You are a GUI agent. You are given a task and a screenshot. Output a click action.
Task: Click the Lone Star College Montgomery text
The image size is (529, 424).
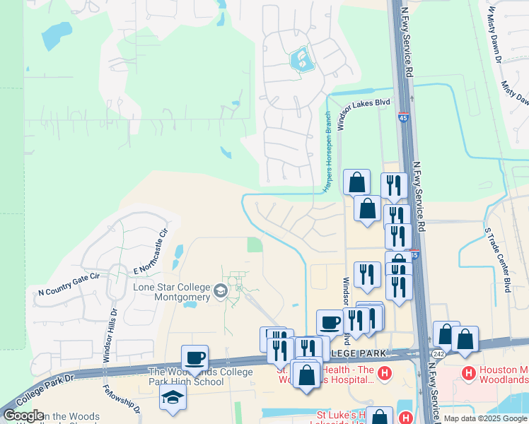(x=172, y=292)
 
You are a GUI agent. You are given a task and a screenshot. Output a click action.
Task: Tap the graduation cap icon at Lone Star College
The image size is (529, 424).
(x=221, y=290)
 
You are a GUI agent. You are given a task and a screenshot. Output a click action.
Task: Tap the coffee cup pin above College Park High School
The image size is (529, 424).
(x=194, y=358)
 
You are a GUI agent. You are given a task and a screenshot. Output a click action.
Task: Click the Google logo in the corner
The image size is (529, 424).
(x=23, y=416)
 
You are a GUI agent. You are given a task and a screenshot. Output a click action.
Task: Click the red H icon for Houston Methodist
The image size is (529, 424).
(x=467, y=372)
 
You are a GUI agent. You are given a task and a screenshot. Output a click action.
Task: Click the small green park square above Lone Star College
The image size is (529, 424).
(x=254, y=245)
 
